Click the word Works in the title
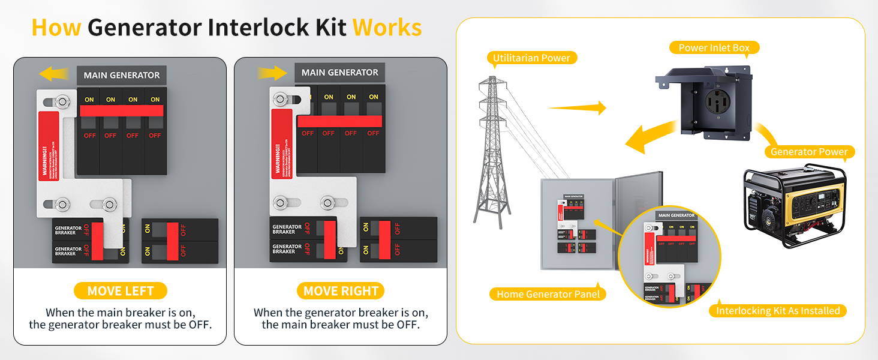pos(387,28)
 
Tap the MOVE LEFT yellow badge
pos(121,291)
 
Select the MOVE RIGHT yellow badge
pos(341,291)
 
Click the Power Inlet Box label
pos(714,47)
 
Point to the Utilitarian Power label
pos(531,58)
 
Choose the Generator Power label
pos(809,152)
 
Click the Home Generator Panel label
pos(548,294)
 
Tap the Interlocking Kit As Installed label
pos(778,310)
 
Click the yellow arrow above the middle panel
pos(273,73)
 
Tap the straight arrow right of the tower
pos(577,108)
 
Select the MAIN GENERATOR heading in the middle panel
pos(339,73)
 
